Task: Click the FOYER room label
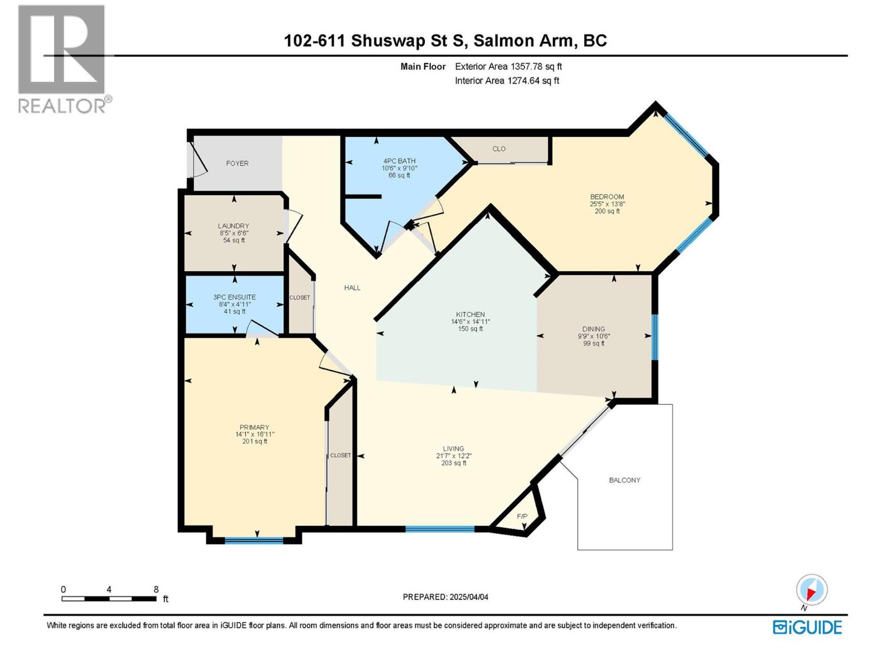237,163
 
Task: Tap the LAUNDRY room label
234,226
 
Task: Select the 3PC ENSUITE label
234,297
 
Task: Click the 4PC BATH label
399,161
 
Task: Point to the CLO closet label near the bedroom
499,149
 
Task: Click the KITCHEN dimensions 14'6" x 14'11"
470,322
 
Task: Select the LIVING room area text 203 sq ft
453,463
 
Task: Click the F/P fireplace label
522,517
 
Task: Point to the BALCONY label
624,480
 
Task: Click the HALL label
352,288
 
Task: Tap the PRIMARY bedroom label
254,428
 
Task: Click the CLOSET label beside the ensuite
299,298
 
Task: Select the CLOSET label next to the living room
341,455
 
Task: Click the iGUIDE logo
807,627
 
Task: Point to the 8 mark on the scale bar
156,590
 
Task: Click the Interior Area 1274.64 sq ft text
507,81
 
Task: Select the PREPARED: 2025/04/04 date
445,597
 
